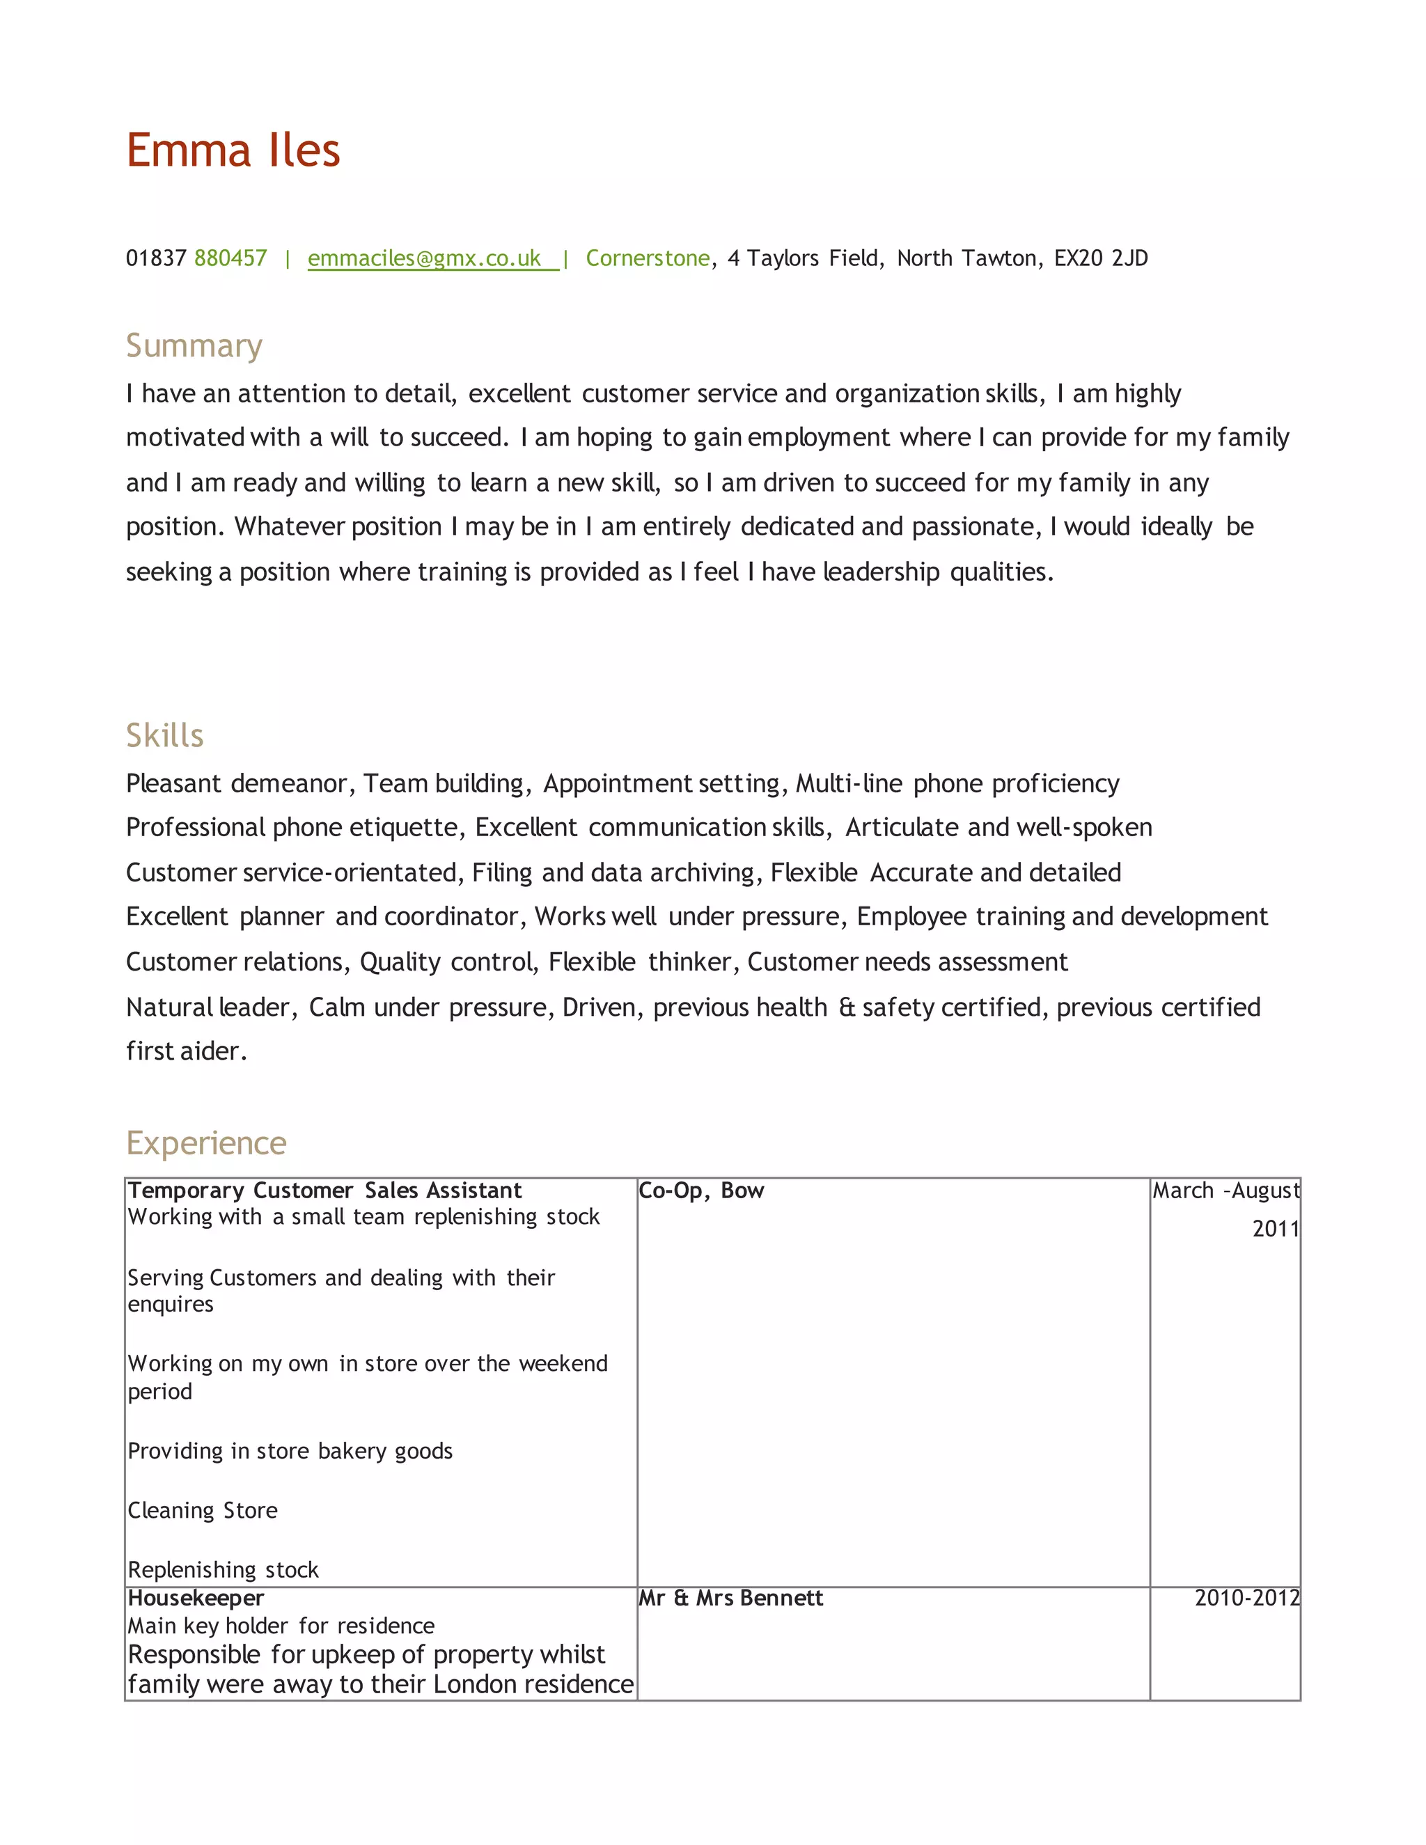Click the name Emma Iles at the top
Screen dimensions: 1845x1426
pos(233,150)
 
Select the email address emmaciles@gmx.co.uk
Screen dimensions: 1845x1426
pos(424,258)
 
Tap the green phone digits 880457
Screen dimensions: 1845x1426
pos(230,258)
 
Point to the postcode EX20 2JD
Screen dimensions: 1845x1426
pos(1101,258)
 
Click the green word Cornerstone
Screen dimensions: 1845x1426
pos(647,258)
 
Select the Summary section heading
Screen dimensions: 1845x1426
pos(194,345)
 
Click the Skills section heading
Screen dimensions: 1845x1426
pos(165,735)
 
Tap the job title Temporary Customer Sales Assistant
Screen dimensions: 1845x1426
pos(324,1191)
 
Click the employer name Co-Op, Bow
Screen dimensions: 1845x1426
pos(701,1191)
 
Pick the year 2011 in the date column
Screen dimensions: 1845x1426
pos(1275,1228)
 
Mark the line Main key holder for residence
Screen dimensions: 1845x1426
pos(281,1626)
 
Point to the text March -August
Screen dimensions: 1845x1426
pos(1225,1191)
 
